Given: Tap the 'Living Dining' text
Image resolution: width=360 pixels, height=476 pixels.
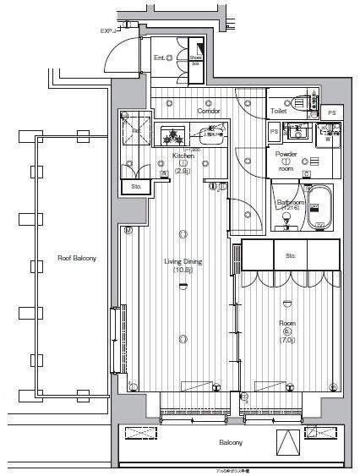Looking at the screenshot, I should coord(183,261).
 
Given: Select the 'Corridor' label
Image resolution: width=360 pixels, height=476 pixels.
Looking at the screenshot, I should coord(209,112).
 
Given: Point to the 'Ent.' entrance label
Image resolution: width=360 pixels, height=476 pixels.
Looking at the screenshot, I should coord(160,57).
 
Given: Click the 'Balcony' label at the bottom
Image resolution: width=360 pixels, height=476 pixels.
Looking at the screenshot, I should coord(232,442).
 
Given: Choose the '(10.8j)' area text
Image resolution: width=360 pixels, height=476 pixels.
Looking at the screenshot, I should coord(183,271).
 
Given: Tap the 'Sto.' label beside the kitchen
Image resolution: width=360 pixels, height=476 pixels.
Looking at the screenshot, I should coord(135,186).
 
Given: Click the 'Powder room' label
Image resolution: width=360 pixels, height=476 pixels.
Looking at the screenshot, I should coord(286,161).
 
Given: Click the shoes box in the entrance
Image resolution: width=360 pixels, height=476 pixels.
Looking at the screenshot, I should coord(197,54).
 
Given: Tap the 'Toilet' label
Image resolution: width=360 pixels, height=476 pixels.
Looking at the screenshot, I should coord(280,112).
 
